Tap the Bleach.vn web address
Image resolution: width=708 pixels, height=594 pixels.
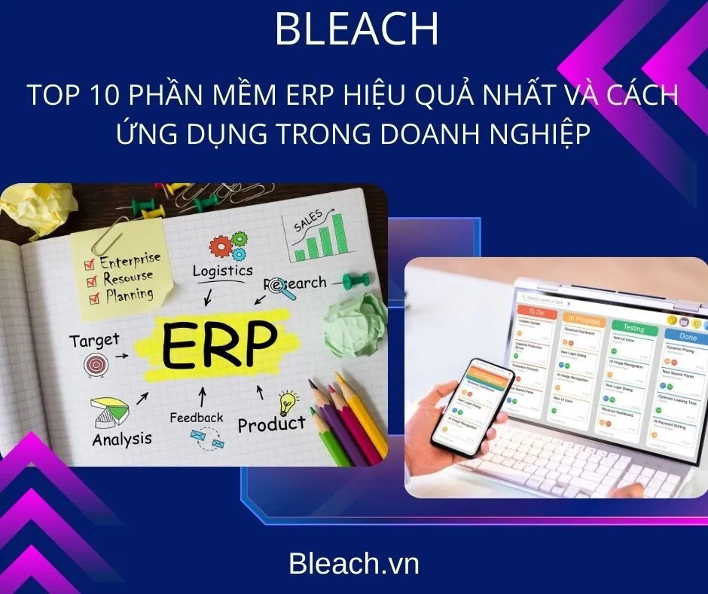(353, 564)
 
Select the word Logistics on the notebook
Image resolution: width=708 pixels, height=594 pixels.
(222, 271)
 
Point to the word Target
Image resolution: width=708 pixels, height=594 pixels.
(94, 341)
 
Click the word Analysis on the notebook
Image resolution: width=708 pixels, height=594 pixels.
(122, 438)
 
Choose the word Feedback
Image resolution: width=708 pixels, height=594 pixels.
(197, 417)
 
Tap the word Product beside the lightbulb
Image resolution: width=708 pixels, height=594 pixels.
(271, 424)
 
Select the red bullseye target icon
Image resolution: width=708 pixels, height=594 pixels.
(96, 366)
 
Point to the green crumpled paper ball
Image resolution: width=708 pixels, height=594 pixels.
(354, 320)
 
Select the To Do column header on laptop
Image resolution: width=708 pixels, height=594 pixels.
(536, 312)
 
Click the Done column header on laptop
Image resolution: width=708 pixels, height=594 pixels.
(686, 336)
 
